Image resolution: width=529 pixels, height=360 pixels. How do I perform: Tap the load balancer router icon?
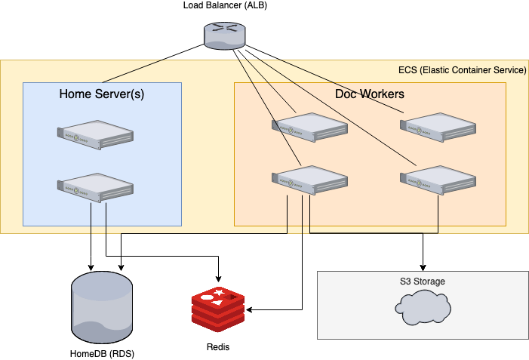220,35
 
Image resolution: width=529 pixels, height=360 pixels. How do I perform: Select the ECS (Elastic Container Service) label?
462,70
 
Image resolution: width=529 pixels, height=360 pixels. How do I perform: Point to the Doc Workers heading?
369,94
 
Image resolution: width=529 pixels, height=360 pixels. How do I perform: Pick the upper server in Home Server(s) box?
96,134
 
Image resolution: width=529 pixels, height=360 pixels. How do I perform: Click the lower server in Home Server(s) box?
96,188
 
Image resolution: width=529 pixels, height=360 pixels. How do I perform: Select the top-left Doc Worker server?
310,126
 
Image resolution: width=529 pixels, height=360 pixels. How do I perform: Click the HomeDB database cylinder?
100,305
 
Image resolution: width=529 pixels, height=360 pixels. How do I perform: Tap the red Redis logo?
219,309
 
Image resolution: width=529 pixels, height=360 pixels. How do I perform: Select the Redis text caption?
218,346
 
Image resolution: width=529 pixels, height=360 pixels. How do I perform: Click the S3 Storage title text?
422,282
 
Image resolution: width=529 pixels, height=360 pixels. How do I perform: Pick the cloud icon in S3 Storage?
423,305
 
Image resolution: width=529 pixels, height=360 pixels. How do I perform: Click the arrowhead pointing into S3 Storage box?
423,267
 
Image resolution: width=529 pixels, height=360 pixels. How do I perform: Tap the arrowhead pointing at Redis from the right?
251,309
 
